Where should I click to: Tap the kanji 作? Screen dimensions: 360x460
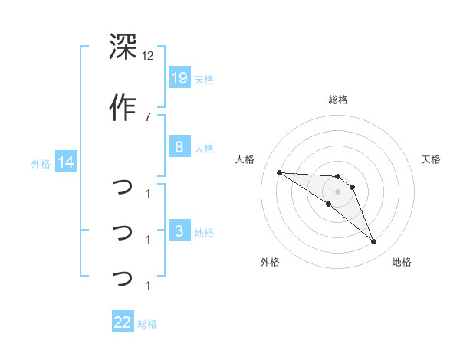pos(123,108)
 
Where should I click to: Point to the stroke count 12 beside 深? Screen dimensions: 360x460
pos(148,56)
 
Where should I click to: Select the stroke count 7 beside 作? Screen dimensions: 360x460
pos(148,116)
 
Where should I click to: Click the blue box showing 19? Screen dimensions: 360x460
pos(179,78)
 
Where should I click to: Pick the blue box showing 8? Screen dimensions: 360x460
pos(179,147)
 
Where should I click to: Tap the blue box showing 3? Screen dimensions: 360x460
pos(179,231)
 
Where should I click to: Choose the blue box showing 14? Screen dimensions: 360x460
pos(66,162)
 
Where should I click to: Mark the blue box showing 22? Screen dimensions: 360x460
pos(123,322)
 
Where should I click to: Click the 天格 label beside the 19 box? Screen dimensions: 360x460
pos(204,79)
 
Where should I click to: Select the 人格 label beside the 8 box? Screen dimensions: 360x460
pos(204,148)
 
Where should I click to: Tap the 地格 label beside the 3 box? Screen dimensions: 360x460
pos(204,232)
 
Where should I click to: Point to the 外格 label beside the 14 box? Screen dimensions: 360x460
pos(41,163)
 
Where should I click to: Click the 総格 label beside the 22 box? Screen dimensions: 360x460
pos(147,323)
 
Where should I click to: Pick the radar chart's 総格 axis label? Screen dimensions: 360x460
pos(337,100)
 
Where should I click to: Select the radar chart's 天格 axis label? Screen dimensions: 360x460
pos(431,159)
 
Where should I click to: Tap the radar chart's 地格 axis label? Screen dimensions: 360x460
pos(402,262)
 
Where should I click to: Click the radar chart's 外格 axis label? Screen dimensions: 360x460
pos(270,262)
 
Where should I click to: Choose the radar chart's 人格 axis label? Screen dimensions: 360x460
pos(245,159)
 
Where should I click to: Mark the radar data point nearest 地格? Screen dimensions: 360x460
pos(374,242)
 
